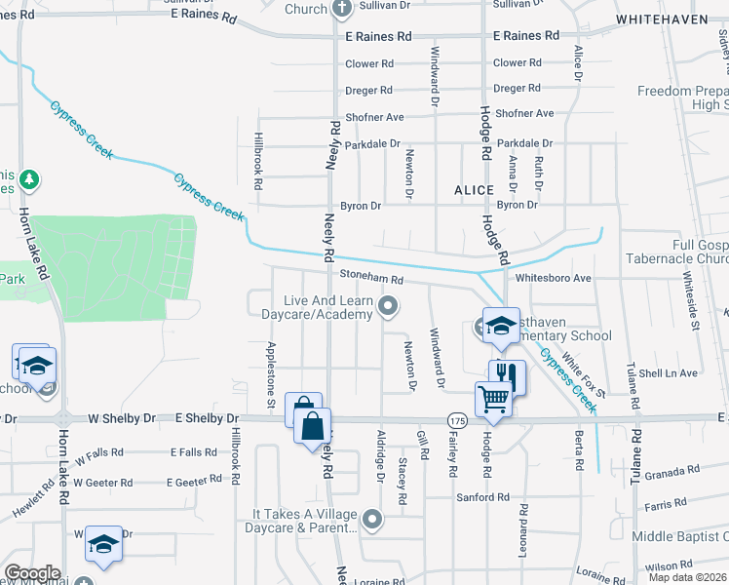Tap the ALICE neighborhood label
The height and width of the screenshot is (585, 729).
pos(475,191)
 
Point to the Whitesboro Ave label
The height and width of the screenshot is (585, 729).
pos(554,278)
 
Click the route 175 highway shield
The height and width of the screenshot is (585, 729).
pos(457,418)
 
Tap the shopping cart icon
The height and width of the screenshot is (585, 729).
pos(493,398)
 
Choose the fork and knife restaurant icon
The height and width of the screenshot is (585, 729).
pos(507,374)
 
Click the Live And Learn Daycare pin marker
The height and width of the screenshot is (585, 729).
pos(389,307)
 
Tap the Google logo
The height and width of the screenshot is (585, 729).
pos(32,573)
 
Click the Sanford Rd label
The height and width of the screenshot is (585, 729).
pos(482,497)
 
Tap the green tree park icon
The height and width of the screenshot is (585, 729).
pos(30,179)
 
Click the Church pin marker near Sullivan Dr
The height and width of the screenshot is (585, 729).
pos(341,9)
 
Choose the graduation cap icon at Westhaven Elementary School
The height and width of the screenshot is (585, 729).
pos(501,326)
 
